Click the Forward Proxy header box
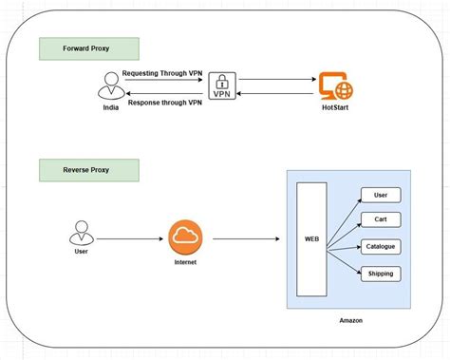[88, 49]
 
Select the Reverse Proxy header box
[88, 171]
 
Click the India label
[111, 110]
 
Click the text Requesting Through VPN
[162, 72]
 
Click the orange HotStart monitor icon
[335, 87]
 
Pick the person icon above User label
[82, 234]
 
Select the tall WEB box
[312, 240]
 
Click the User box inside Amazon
[380, 196]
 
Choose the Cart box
[380, 220]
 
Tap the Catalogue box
[380, 246]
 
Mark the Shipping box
[380, 274]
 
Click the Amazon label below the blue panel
[349, 321]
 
